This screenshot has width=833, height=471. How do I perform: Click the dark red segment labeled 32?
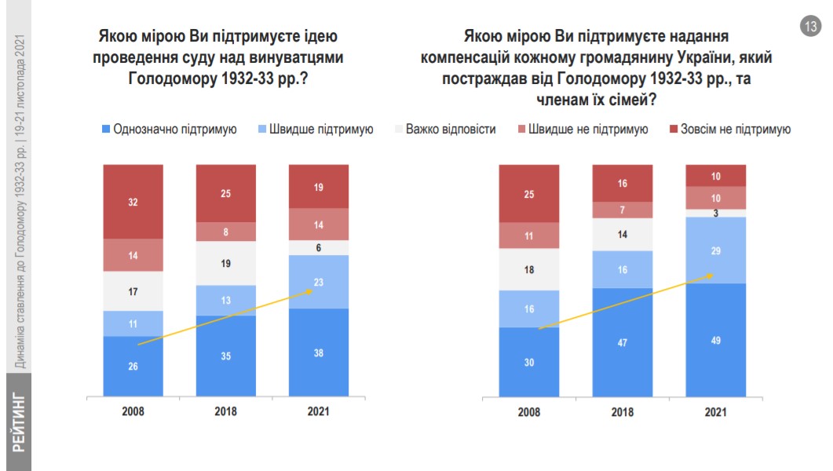[x=133, y=201]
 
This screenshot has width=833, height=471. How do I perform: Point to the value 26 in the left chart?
[x=133, y=367]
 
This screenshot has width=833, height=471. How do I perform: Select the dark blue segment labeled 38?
[x=319, y=352]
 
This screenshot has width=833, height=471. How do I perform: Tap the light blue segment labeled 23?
[x=319, y=282]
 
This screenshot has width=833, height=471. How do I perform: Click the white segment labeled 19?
[x=226, y=264]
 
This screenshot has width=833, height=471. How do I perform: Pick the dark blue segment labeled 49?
[x=715, y=340]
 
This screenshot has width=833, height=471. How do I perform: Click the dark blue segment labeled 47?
[x=623, y=342]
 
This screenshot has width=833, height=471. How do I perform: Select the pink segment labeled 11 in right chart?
[x=529, y=235]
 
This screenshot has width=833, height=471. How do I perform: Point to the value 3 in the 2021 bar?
[x=715, y=213]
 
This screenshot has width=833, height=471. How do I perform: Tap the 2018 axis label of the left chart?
[x=226, y=411]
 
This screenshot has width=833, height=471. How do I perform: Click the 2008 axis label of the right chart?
[x=529, y=411]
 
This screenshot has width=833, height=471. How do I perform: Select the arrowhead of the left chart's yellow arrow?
[x=310, y=290]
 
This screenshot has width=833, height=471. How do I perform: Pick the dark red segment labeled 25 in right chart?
[x=529, y=194]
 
